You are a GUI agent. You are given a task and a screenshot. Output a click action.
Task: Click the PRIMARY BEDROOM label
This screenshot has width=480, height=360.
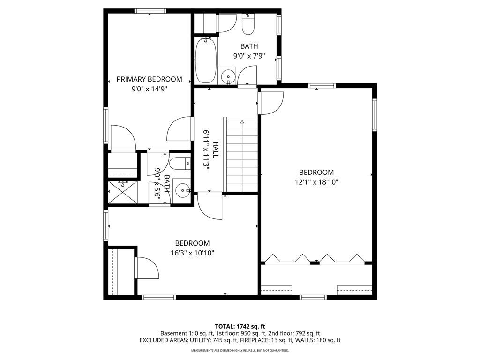tap(150, 79)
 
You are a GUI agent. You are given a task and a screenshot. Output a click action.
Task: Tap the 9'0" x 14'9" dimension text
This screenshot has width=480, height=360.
tap(150, 89)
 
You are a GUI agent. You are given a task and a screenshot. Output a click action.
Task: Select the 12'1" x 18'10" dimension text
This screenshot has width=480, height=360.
tap(316, 182)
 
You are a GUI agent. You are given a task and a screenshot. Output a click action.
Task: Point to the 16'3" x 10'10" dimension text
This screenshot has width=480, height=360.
tap(193, 253)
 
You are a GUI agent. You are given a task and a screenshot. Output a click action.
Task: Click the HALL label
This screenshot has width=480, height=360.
tap(216, 150)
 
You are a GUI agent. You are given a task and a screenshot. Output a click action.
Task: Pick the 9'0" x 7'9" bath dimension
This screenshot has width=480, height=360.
tap(249, 56)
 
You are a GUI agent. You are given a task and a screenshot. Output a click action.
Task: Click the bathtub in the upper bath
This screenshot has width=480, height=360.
tap(206, 60)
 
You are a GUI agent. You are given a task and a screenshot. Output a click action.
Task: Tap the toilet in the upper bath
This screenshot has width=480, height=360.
tap(248, 24)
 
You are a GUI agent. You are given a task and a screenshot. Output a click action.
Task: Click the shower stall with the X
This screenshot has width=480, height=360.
tap(123, 192)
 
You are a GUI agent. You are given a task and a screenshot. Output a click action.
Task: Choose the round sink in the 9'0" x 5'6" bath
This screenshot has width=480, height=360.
tap(183, 190)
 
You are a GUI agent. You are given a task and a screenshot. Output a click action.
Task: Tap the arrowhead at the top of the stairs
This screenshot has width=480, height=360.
tap(242, 122)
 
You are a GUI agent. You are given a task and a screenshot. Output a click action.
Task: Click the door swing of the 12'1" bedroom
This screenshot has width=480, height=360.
tap(271, 103)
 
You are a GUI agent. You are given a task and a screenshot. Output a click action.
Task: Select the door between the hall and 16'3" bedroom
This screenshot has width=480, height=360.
tap(210, 206)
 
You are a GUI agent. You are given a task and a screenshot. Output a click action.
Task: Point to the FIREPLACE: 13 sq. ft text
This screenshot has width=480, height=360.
tap(269, 340)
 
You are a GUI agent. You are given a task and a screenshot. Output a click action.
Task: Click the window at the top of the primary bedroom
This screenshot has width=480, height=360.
tap(150, 11)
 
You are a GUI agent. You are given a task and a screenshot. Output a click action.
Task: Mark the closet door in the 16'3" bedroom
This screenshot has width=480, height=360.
tap(146, 268)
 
